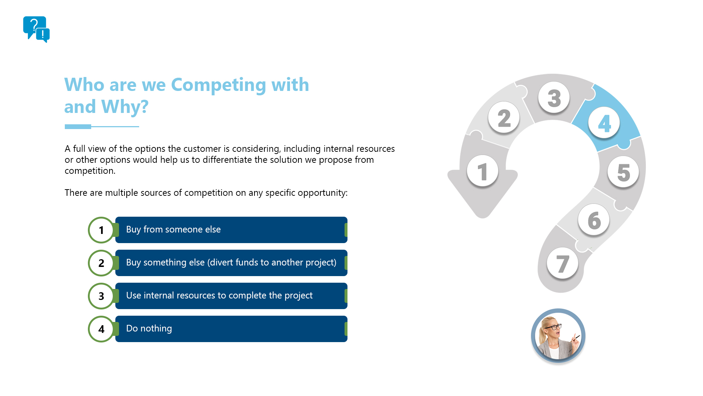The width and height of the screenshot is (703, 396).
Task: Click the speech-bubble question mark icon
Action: coord(36,29)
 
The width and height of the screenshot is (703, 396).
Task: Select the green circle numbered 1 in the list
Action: coord(101,230)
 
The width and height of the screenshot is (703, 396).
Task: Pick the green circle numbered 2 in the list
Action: coord(101,263)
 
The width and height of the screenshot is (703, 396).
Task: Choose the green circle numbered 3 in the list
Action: coord(101,296)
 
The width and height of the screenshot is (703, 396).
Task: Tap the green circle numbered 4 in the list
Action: coord(101,329)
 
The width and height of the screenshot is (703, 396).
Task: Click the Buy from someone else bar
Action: coord(231,230)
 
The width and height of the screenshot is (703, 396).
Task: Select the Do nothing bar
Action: coord(231,329)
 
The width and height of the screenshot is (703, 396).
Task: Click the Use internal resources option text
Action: coord(219,296)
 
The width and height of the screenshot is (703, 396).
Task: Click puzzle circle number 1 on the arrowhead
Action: coord(483,171)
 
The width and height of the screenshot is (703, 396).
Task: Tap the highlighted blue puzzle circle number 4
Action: coord(604,123)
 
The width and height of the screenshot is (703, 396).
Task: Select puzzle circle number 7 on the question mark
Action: coord(562,263)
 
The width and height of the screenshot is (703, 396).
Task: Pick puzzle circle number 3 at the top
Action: coord(554,98)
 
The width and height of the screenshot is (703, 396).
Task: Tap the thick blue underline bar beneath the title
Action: coord(78,126)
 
